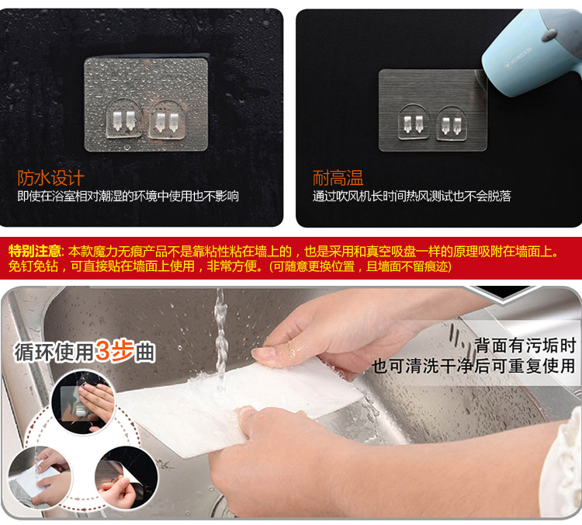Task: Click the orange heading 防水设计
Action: tap(51, 178)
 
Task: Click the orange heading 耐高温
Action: tap(338, 178)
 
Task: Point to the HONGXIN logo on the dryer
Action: tap(518, 59)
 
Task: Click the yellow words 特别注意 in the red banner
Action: tap(34, 252)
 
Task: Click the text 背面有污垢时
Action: tap(525, 346)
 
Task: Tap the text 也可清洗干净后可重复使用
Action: tap(473, 366)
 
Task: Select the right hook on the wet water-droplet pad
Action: tap(167, 119)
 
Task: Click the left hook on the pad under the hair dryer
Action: tap(414, 123)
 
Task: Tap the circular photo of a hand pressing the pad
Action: tap(83, 402)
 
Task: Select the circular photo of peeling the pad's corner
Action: tap(126, 478)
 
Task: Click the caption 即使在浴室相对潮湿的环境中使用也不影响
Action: tap(128, 196)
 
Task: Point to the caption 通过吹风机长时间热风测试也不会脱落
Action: tap(411, 196)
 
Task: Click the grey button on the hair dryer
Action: tap(549, 34)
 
